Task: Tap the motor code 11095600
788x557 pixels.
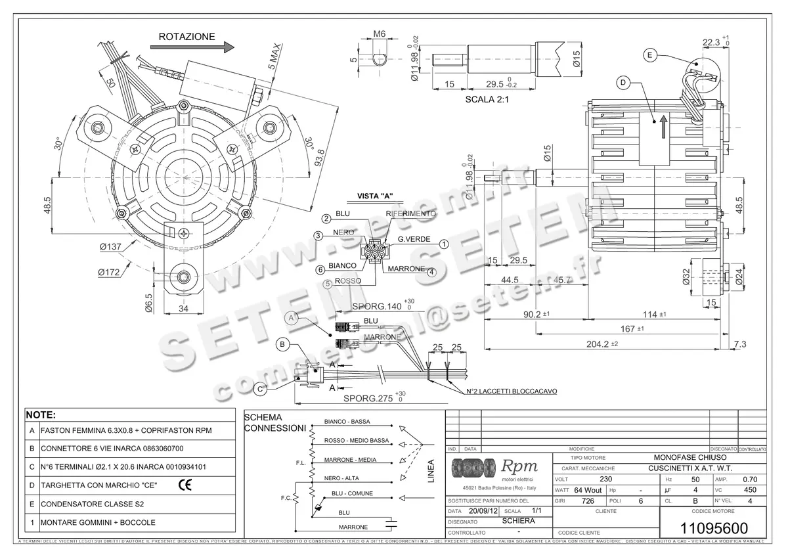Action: (712, 528)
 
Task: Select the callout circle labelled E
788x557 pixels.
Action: (649, 55)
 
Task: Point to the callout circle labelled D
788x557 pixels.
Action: (623, 82)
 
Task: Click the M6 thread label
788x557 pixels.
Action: (379, 33)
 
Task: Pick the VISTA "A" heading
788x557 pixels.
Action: (374, 196)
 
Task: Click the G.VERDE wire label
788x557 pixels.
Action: (414, 239)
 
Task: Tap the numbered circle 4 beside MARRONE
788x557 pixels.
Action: (431, 273)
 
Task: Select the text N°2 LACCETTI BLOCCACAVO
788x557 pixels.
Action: (512, 391)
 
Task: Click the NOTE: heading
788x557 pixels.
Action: (41, 416)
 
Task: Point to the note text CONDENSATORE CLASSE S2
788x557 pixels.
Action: (91, 504)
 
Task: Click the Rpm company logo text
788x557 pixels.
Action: (519, 466)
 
